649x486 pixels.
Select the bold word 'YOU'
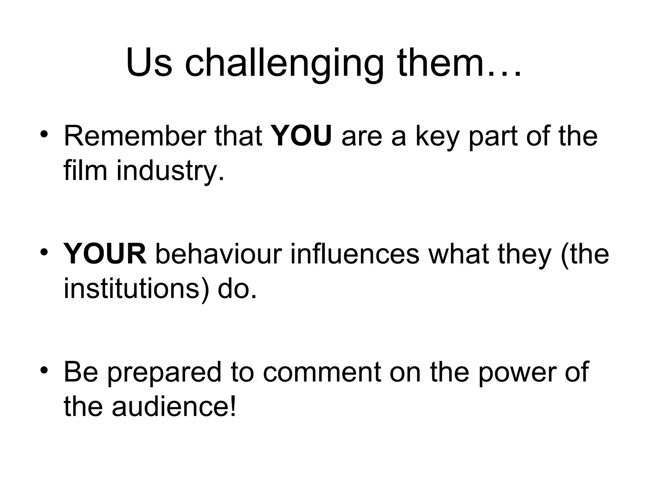point(302,136)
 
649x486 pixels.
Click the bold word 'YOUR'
point(105,254)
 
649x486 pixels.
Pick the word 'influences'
point(355,254)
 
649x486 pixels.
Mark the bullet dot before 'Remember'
point(44,134)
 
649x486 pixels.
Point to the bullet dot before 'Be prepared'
point(44,370)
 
